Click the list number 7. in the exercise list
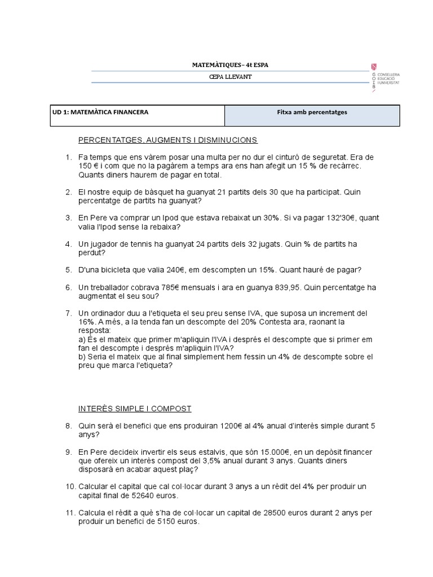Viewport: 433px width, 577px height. point(68,313)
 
